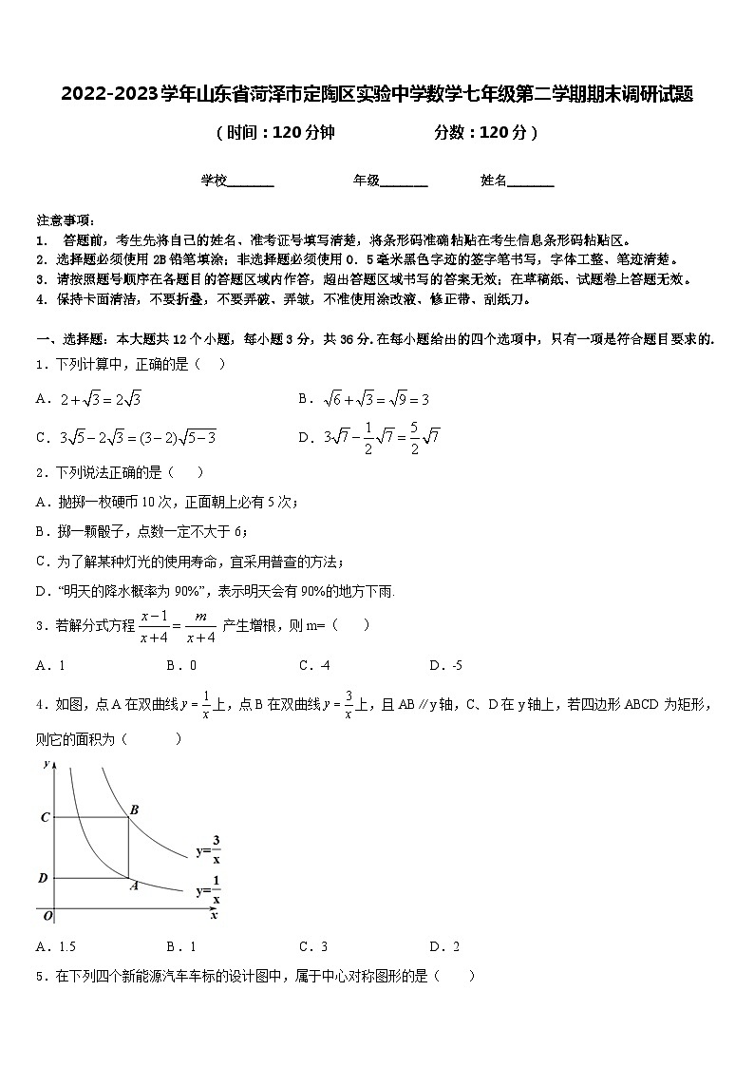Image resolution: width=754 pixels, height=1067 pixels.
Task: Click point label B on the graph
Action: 134,810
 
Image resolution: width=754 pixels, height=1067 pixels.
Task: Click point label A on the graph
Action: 134,885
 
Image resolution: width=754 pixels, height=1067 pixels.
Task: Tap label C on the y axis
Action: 44,817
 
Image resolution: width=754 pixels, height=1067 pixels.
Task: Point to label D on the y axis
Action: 43,878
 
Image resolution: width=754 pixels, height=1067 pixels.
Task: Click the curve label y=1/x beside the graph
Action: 209,892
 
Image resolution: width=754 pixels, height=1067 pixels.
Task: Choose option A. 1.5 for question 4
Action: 55,945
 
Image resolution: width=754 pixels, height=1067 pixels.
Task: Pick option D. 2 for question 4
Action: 444,945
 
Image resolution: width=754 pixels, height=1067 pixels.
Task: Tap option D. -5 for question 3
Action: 445,665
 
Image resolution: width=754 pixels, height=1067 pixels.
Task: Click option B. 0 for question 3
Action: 181,665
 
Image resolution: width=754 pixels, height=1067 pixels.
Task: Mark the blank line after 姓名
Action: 531,181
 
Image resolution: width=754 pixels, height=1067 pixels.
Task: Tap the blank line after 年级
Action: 404,181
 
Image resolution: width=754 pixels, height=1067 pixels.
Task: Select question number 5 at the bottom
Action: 41,975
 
